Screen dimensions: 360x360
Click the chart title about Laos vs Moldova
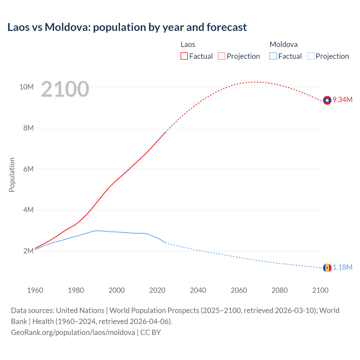click(127, 27)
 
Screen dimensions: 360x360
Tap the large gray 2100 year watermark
click(65, 89)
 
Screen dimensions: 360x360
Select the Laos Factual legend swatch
click(184, 56)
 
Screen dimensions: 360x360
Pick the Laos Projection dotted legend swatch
click(222, 56)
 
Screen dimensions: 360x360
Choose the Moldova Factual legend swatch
click(273, 56)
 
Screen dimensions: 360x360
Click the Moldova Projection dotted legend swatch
click(310, 56)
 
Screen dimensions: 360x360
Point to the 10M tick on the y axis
click(26, 87)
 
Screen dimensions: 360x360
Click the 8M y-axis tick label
click(28, 128)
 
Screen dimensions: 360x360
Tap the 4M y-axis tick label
click(28, 210)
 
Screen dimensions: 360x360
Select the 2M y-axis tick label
click(28, 251)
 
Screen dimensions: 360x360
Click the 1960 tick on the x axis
click(35, 290)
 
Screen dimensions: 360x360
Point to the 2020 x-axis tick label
click(157, 290)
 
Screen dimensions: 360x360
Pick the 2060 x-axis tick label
click(239, 290)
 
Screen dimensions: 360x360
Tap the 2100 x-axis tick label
click(320, 290)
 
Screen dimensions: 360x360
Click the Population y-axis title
click(12, 175)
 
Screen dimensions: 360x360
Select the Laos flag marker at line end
click(327, 100)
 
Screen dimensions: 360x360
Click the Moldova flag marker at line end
click(327, 268)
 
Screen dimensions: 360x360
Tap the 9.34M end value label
click(343, 100)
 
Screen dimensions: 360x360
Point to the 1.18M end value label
click(343, 267)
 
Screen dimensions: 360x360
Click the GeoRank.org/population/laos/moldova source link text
click(73, 332)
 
